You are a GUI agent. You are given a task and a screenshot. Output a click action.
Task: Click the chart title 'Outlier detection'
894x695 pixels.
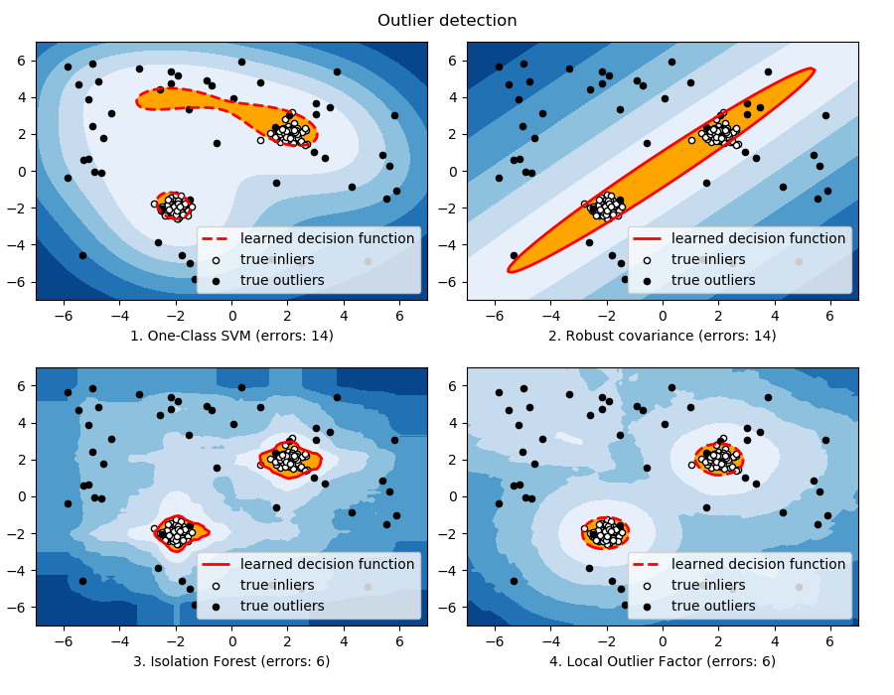[447, 20]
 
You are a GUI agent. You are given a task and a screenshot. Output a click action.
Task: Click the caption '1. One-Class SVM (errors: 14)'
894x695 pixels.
[231, 336]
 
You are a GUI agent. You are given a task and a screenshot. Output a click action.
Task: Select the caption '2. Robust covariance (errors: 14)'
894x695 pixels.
[663, 336]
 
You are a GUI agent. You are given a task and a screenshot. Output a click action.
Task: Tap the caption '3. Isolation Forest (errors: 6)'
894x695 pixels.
[231, 661]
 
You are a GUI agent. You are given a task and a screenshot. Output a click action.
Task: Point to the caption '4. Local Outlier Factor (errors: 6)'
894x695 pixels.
[663, 661]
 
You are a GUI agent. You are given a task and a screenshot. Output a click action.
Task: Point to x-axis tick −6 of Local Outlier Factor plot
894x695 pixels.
[495, 640]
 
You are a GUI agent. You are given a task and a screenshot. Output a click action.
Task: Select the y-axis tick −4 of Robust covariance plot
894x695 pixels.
[450, 245]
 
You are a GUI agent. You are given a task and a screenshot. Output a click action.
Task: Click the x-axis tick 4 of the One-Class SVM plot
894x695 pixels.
[344, 315]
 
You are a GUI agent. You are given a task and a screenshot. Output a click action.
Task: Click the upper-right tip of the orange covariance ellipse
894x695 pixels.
[813, 69]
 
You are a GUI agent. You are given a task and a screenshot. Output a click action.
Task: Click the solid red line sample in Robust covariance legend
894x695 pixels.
[648, 238]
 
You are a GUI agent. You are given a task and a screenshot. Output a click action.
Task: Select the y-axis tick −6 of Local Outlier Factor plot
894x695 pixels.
[450, 608]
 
